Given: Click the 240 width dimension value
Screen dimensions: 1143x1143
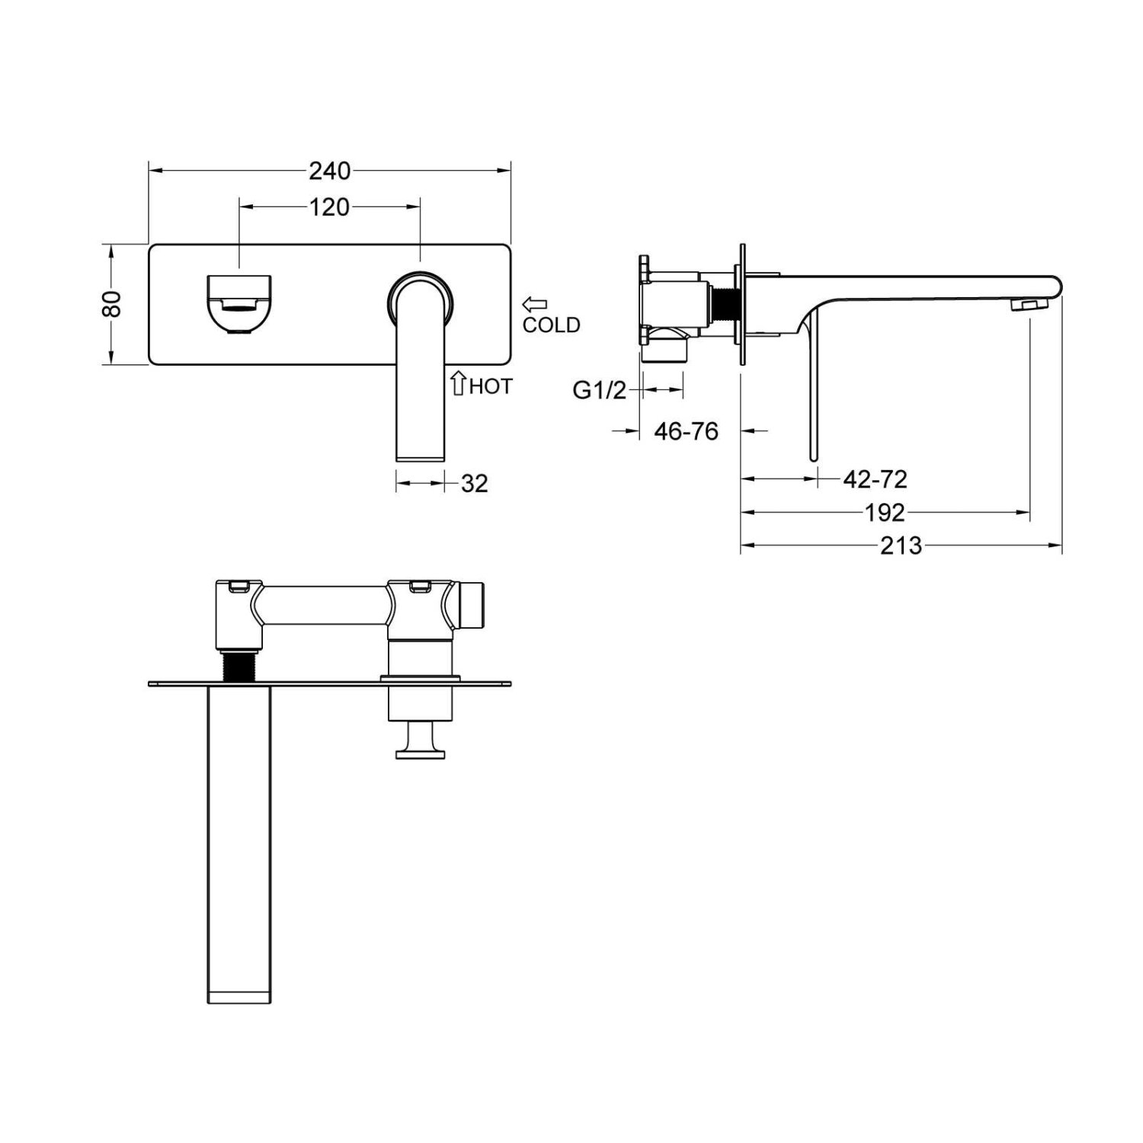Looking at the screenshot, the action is pyautogui.click(x=330, y=171).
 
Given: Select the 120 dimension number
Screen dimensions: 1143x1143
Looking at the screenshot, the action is pyautogui.click(x=330, y=207).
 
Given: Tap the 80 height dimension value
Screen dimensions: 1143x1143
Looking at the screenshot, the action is pyautogui.click(x=112, y=303).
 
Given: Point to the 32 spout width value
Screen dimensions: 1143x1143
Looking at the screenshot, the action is pyautogui.click(x=474, y=483).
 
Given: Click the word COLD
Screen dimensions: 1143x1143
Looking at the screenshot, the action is pyautogui.click(x=551, y=325).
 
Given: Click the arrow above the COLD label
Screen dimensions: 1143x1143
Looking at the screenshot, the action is pyautogui.click(x=535, y=305).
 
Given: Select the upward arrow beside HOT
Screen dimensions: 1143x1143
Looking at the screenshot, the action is pyautogui.click(x=458, y=383).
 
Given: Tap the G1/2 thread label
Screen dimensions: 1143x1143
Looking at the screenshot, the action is pyautogui.click(x=599, y=390).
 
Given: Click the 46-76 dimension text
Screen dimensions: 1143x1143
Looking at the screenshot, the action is pyautogui.click(x=687, y=431).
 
